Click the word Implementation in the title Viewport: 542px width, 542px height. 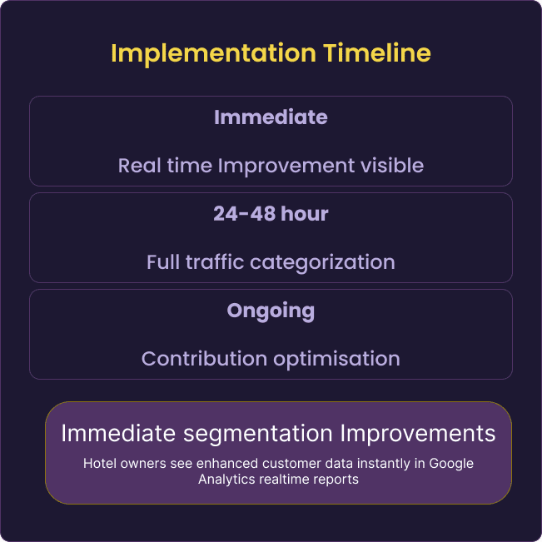(214, 53)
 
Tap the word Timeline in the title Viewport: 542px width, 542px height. (377, 53)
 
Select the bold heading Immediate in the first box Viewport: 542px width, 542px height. (271, 117)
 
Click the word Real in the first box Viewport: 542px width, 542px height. (140, 165)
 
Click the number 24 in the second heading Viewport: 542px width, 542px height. (226, 214)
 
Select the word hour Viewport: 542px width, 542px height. (305, 214)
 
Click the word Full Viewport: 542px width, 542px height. (163, 261)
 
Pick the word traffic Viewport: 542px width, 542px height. (215, 261)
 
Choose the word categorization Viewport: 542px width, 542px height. (322, 262)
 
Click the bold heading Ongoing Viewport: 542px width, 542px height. (271, 311)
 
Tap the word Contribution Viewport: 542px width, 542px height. (204, 359)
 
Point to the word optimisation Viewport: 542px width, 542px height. (336, 360)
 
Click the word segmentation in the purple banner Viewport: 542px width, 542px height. (258, 434)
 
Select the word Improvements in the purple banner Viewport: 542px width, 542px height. (418, 434)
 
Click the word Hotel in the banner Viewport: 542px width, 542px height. (100, 463)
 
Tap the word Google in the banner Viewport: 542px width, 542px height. (451, 464)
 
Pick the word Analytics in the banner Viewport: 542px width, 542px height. (226, 480)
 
